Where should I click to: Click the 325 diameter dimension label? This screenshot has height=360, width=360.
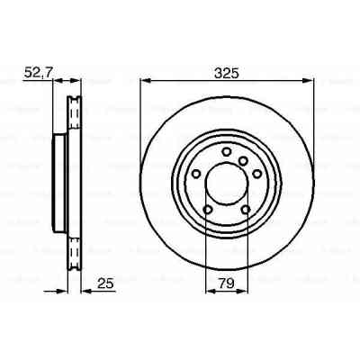[227, 72]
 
